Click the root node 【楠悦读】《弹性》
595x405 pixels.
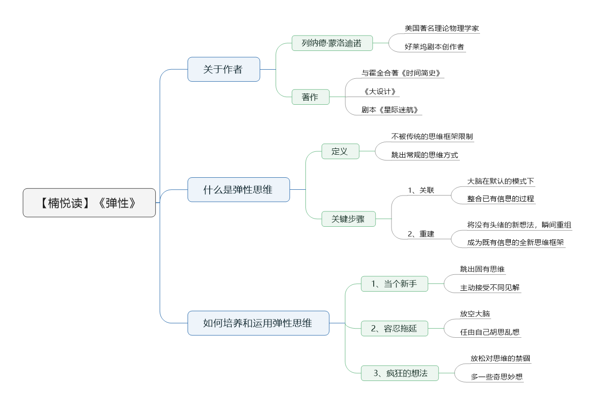[89, 203]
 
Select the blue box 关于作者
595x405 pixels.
[224, 69]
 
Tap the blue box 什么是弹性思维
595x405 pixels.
[239, 190]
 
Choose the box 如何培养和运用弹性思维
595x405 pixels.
[258, 323]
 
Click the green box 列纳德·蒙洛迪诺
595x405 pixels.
[332, 43]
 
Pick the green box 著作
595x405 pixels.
[311, 97]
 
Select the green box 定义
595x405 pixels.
[340, 151]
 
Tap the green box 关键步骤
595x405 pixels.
[349, 219]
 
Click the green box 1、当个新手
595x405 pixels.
[394, 284]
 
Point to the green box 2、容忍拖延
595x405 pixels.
[394, 329]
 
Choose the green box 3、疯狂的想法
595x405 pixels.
[400, 373]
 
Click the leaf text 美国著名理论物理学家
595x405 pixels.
[442, 28]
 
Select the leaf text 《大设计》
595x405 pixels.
[380, 92]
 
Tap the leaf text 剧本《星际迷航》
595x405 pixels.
[390, 110]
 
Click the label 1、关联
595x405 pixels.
[421, 190]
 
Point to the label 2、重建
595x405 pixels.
[421, 234]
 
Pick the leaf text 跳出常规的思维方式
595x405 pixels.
[425, 155]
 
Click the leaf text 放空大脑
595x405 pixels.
[475, 314]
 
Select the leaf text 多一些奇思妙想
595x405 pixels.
[497, 377]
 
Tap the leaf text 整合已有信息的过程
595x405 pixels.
[501, 199]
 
